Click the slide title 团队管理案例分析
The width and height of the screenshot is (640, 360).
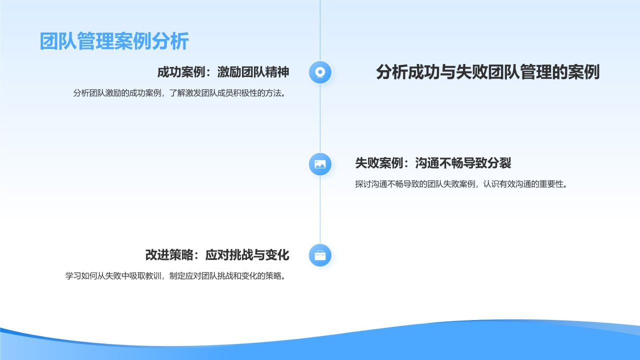click(114, 41)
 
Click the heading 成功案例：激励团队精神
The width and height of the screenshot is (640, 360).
click(223, 72)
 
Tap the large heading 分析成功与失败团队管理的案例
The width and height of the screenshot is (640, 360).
click(487, 72)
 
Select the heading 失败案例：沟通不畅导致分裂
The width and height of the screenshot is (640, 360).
click(433, 163)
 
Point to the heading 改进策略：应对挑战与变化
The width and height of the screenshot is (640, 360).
click(217, 255)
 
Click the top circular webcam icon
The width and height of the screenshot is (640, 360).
click(320, 72)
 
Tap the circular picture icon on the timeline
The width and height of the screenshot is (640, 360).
click(320, 164)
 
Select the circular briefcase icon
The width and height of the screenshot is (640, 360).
click(320, 255)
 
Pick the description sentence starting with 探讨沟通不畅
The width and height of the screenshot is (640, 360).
click(461, 184)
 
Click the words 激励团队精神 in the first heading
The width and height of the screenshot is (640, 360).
click(253, 72)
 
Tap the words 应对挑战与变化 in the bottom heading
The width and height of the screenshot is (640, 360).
click(247, 255)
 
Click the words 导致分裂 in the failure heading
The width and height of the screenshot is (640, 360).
click(487, 163)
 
